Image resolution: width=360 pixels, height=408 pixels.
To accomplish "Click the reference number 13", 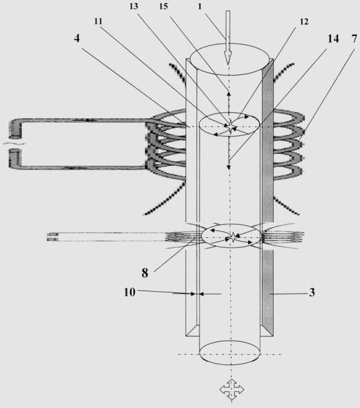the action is tap(134, 6).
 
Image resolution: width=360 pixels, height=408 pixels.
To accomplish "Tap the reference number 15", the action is tap(164, 6).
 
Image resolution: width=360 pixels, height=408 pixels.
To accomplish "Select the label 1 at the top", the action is tap(200, 6).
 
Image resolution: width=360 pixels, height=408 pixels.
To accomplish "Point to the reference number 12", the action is tap(304, 21).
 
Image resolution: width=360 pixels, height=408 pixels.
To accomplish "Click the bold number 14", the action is tap(333, 39).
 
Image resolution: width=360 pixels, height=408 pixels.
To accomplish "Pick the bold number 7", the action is tap(354, 39).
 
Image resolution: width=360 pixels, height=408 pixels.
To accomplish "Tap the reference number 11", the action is tap(98, 21).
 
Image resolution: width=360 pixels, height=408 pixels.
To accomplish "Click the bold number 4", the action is tap(77, 39).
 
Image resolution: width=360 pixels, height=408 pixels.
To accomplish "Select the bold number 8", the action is tap(145, 273).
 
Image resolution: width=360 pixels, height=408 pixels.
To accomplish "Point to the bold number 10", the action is tap(129, 292).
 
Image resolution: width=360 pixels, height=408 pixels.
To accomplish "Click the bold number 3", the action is tap(312, 292).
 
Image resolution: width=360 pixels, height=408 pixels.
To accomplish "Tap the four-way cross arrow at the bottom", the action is tap(231, 389).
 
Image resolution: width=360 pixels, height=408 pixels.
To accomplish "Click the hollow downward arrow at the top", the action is tap(228, 38).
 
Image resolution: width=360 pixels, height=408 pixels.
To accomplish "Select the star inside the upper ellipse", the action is tap(231, 127).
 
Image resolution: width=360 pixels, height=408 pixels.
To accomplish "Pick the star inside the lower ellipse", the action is tap(233, 237).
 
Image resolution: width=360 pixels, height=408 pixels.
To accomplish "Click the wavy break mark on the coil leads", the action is tap(15, 143).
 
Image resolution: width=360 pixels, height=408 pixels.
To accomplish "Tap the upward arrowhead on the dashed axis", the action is tap(228, 93).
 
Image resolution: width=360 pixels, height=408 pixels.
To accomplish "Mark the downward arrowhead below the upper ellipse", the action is tap(229, 167).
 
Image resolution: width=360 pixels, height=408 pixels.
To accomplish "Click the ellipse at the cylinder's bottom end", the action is tap(230, 353).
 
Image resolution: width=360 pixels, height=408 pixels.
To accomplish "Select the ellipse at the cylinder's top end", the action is tap(229, 60).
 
